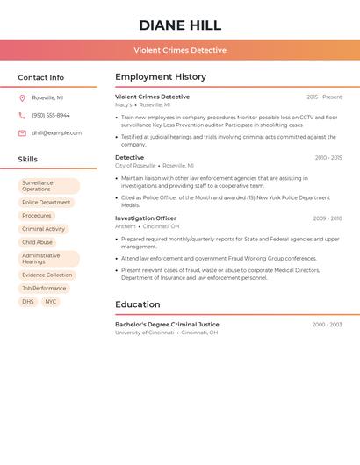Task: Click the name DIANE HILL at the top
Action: pos(180,25)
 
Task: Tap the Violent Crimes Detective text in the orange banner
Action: pos(180,50)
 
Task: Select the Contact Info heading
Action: pos(41,77)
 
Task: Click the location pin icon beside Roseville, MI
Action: pos(22,97)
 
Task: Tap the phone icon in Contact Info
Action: pos(22,115)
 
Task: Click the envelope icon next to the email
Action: pos(22,133)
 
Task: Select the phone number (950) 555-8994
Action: pos(51,115)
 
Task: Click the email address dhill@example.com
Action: pos(57,133)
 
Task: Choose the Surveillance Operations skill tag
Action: pos(48,186)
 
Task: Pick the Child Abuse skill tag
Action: pos(37,242)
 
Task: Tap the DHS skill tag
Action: pos(28,302)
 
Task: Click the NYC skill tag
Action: pos(51,302)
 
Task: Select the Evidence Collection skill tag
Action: pos(47,275)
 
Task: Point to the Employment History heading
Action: pos(161,77)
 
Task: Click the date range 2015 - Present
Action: pos(324,97)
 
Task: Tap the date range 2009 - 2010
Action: pos(328,218)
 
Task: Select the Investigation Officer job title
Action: pos(146,218)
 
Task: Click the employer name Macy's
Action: pos(124,104)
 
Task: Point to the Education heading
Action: pos(138,304)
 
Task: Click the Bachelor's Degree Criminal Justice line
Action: pos(167,325)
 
